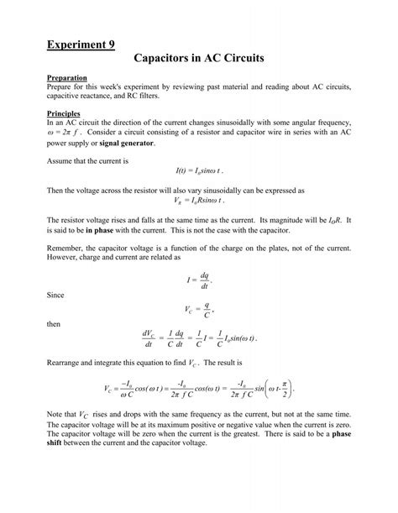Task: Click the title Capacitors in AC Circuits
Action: pyautogui.click(x=199, y=60)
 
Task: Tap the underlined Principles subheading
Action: pyautogui.click(x=65, y=113)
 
